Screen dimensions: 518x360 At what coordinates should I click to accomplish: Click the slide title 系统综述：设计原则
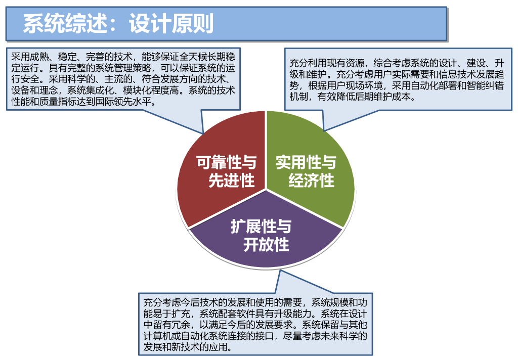click(118, 24)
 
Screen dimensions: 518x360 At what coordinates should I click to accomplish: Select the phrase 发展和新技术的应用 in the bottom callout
click(187, 347)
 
